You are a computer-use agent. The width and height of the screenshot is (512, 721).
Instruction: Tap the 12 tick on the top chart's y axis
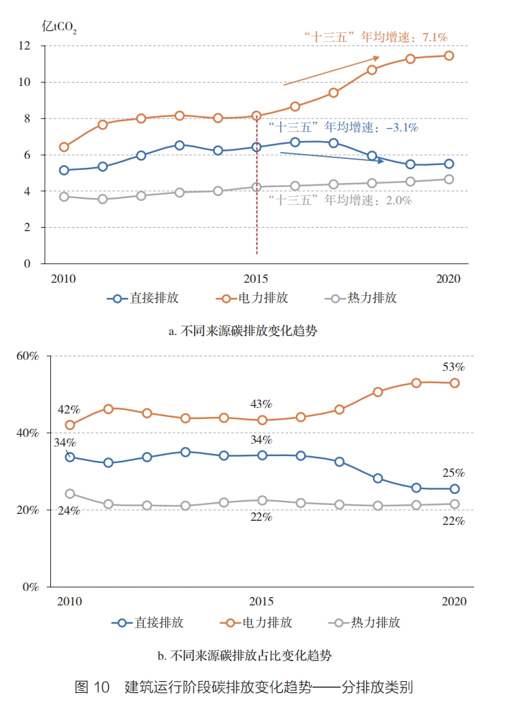[25, 45]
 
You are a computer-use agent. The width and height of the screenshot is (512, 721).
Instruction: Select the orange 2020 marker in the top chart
[449, 56]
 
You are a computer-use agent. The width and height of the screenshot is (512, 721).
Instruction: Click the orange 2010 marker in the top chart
[64, 147]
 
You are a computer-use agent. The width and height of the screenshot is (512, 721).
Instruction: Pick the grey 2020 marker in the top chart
[449, 180]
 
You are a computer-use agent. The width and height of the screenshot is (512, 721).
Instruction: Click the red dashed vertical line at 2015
[257, 206]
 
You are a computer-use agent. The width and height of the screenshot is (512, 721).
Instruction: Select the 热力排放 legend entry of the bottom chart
[365, 623]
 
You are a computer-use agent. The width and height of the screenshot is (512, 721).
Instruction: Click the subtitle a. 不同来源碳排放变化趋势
[243, 330]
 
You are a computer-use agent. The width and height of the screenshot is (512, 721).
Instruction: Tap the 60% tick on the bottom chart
[28, 356]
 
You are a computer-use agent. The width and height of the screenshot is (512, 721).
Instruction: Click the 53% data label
[454, 367]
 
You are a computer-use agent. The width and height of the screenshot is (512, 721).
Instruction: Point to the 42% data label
[69, 409]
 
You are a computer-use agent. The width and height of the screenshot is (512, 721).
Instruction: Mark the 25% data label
[454, 473]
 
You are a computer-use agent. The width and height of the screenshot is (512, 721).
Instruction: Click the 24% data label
[69, 510]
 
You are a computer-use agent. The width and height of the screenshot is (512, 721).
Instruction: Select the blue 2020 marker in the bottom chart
[455, 489]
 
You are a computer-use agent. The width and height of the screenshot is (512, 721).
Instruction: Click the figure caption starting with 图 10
[244, 687]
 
